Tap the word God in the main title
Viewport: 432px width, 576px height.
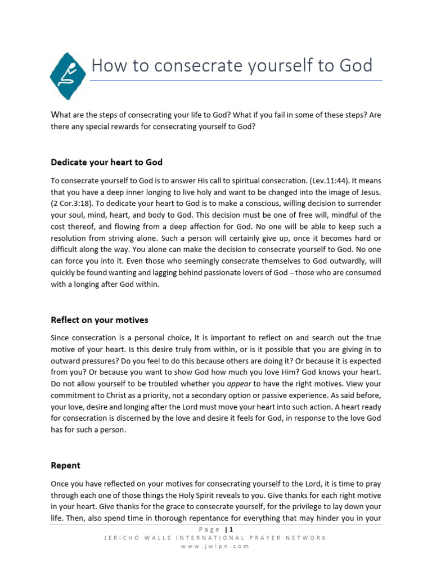(x=355, y=66)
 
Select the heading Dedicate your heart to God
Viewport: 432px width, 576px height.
(x=106, y=163)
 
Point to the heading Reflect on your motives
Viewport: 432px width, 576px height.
(x=100, y=320)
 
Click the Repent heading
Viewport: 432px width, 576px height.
(x=65, y=466)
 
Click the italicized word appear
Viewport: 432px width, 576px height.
(x=237, y=384)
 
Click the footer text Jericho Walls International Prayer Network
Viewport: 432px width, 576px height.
(x=215, y=538)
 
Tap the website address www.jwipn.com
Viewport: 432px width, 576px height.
(x=215, y=546)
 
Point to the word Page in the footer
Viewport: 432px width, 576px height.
(x=210, y=529)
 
